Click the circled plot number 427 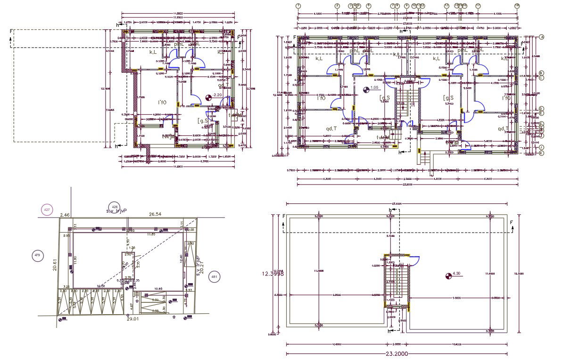47,210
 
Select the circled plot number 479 37,256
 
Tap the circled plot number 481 215,276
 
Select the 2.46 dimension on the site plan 65,215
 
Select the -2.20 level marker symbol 209,98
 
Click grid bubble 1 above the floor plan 298,6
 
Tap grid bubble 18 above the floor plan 517,6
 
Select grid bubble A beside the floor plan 542,37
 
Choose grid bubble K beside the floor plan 542,153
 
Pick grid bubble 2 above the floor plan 337,6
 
